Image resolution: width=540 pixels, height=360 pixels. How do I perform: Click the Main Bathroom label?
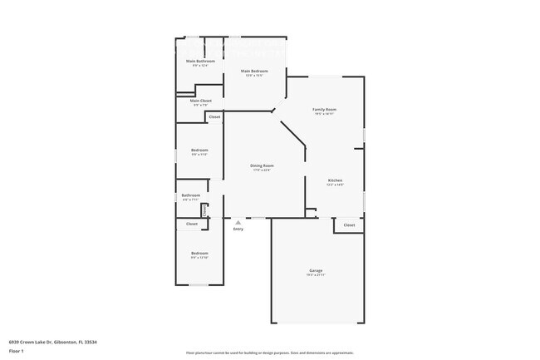(x=200, y=62)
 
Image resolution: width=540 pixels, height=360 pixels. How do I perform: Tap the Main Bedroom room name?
(x=254, y=72)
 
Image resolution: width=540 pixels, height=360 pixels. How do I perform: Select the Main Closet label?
(x=200, y=101)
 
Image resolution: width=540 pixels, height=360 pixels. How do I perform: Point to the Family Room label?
(x=324, y=110)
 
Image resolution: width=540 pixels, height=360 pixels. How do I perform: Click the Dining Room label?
(x=263, y=165)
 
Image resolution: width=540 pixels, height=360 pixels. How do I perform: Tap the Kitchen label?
(x=335, y=180)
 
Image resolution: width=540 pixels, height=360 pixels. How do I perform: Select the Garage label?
(x=316, y=270)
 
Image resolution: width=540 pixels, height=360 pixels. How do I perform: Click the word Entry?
(x=238, y=229)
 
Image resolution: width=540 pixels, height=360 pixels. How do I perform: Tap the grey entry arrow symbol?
(x=238, y=222)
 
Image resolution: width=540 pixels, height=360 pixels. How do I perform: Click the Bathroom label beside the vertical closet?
(x=191, y=195)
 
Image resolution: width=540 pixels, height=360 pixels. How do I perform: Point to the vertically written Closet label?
(x=204, y=210)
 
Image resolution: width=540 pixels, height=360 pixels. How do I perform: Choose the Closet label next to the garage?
(x=349, y=225)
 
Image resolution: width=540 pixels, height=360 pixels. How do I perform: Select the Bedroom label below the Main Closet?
(x=199, y=150)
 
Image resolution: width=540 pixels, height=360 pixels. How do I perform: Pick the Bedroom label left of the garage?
(x=199, y=253)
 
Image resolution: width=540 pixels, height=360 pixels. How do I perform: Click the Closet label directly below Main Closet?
(x=214, y=117)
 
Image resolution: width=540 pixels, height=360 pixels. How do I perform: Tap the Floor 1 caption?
(x=17, y=352)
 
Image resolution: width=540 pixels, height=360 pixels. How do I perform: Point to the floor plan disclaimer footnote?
(x=270, y=353)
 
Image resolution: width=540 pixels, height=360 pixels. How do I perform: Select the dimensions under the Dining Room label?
(x=263, y=170)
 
